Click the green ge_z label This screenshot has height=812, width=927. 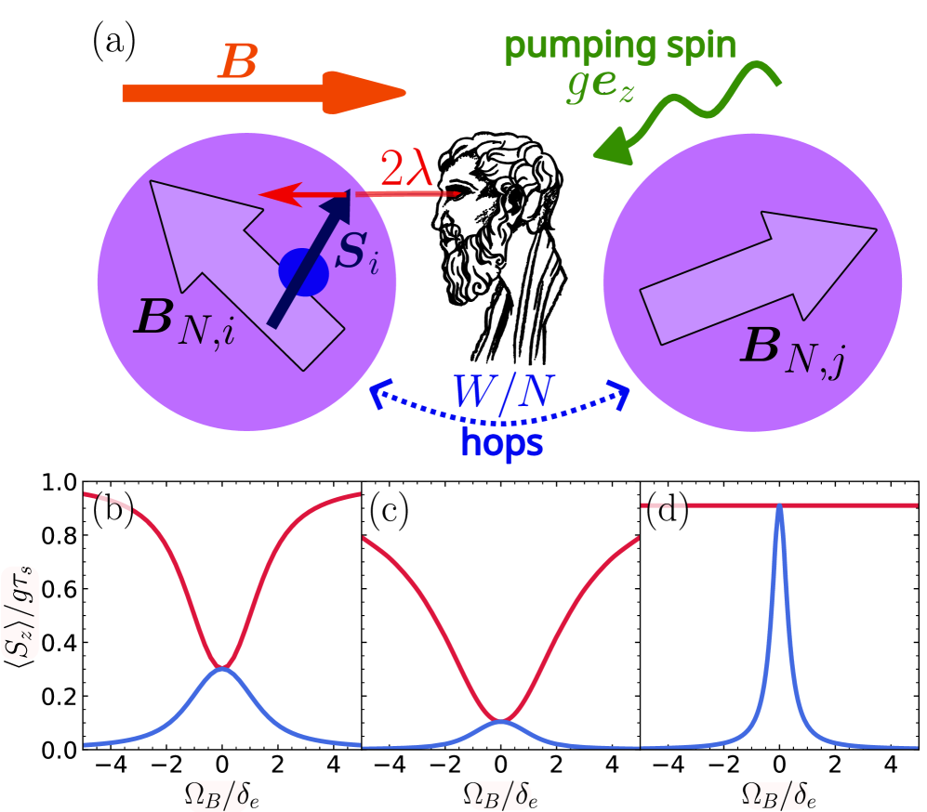601,89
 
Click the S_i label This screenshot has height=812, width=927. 356,253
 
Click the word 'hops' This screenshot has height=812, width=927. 502,444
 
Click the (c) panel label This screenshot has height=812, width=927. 389,511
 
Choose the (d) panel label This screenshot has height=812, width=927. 666,511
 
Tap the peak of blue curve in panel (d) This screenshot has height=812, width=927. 779,507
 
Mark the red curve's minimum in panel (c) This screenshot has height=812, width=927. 501,720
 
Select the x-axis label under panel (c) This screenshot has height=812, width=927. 501,795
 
